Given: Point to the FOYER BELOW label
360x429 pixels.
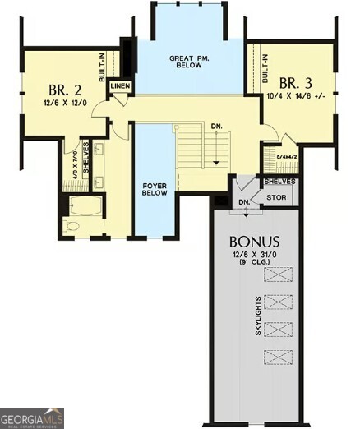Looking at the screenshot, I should coord(155,191).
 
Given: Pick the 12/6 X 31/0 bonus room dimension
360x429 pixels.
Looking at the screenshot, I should coord(255,256).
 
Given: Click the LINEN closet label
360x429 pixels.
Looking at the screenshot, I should coord(120,85).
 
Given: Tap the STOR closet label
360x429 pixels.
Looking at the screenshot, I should coord(275,197).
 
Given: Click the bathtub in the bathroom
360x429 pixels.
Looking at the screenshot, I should coord(85,205).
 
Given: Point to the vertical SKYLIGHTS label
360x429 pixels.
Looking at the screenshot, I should coord(260,315).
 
